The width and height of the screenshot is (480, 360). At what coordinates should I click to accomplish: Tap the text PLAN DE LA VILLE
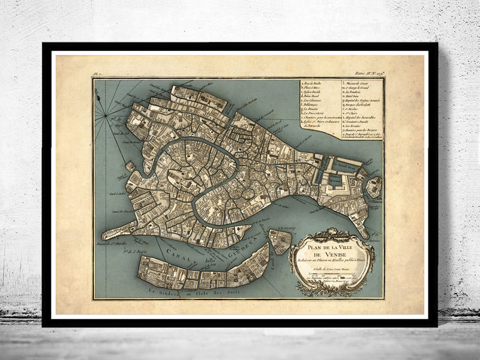coord(332,246)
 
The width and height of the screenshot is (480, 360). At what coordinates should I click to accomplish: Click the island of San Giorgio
coord(279,241)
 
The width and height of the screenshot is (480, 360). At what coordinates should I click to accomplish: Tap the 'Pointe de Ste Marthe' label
coord(113,245)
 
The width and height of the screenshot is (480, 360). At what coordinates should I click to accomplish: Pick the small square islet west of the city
coord(130,166)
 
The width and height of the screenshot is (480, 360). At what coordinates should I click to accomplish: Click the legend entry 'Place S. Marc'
coord(315,88)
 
